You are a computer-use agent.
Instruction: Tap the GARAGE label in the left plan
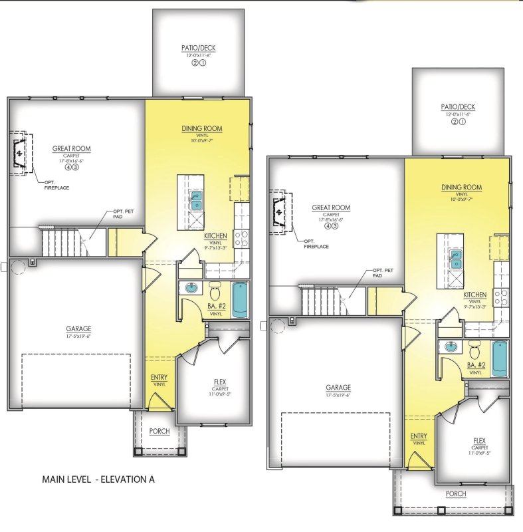(x=78, y=329)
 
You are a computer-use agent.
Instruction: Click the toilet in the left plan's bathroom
(x=215, y=291)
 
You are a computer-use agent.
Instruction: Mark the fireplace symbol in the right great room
(x=279, y=213)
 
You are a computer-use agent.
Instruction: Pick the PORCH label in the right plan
(x=456, y=494)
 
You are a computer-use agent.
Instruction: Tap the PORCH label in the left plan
(x=159, y=432)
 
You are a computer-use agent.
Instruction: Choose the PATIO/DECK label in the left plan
(x=198, y=49)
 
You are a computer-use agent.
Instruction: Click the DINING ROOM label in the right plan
(x=461, y=188)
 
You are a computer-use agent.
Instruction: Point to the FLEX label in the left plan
(x=219, y=382)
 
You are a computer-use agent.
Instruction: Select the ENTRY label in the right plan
(x=419, y=436)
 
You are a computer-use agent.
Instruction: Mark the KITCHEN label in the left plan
(x=216, y=235)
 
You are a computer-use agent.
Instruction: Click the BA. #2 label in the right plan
(x=476, y=365)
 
